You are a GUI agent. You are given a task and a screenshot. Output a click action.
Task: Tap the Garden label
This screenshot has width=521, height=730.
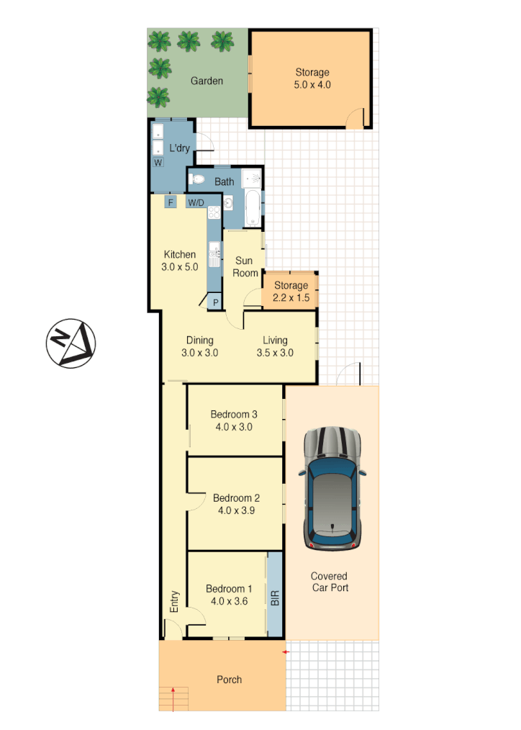(x=207, y=81)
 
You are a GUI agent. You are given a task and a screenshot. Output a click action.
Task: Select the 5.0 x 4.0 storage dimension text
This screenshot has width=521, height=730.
(x=312, y=85)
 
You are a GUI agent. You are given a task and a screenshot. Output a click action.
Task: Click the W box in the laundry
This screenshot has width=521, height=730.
(x=158, y=163)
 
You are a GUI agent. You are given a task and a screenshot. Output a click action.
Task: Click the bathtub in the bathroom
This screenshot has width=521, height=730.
(x=253, y=207)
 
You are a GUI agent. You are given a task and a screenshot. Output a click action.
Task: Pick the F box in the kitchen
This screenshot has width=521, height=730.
(x=171, y=202)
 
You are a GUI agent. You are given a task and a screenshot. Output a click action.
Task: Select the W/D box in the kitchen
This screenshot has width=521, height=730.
(x=196, y=203)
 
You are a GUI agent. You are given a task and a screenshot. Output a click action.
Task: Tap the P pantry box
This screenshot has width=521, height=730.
(x=214, y=302)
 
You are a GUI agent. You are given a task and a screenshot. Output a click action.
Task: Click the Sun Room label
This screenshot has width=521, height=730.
(x=246, y=267)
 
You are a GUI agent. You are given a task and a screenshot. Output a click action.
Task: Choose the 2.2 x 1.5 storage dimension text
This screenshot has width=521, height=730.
(x=290, y=297)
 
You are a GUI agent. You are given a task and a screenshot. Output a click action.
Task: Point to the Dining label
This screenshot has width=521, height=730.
(x=199, y=341)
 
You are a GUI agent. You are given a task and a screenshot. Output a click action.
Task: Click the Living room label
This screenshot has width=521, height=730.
(x=275, y=341)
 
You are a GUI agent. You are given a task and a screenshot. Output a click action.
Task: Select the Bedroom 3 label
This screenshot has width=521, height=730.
(x=234, y=414)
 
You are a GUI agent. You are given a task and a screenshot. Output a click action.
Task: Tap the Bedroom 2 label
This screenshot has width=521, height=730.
(x=236, y=497)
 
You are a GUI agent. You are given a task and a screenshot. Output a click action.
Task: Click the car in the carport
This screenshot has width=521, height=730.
(x=332, y=490)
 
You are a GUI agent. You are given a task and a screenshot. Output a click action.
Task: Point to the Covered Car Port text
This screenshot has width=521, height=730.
(x=329, y=582)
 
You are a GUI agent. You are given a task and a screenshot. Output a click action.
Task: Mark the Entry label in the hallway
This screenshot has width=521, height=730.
(x=174, y=602)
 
